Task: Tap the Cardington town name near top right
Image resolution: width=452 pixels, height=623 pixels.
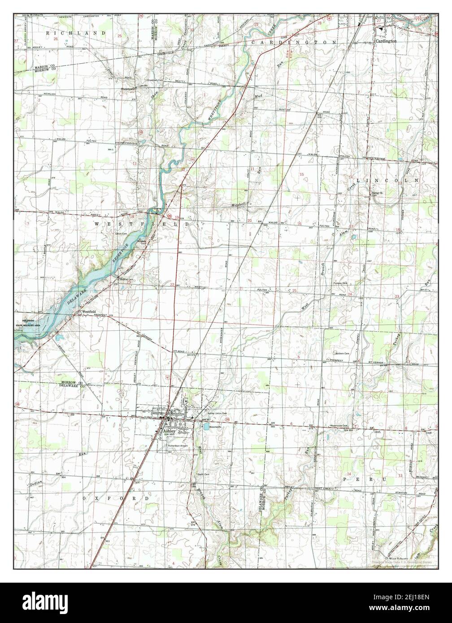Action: [386, 41]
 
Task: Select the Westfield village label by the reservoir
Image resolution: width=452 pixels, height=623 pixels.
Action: [89, 312]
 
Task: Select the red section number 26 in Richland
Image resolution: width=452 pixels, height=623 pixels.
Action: [56, 39]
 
